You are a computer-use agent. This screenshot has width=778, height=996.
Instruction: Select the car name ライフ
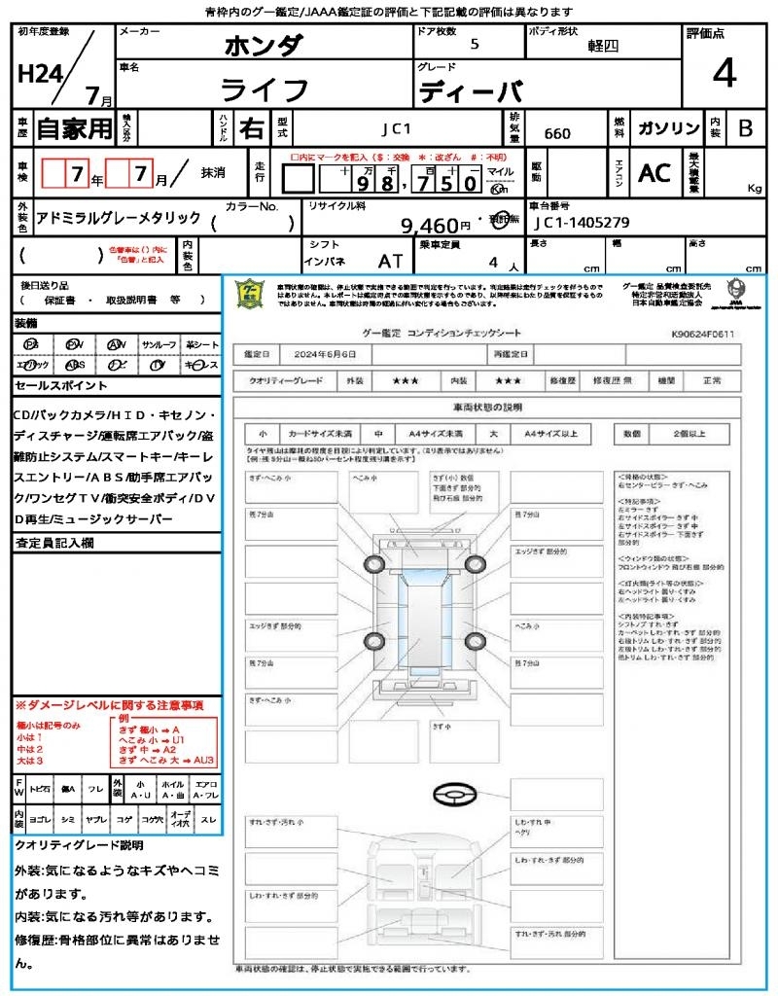(x=265, y=90)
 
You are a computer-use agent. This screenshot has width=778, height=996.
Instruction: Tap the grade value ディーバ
(x=471, y=92)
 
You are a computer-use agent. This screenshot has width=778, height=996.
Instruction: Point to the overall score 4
(x=724, y=74)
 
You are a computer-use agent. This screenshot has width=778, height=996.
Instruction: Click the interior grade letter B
(x=745, y=128)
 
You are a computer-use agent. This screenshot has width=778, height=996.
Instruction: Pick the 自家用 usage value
(x=75, y=128)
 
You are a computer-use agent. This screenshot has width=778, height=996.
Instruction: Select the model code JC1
(x=396, y=128)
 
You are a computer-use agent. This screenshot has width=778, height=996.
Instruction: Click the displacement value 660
(x=557, y=133)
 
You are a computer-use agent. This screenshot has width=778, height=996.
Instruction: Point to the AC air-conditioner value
(x=654, y=173)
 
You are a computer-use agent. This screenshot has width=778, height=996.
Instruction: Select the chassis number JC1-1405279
(x=581, y=223)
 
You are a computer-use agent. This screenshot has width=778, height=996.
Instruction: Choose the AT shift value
(x=390, y=262)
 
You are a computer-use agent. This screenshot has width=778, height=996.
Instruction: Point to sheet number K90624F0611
(x=702, y=334)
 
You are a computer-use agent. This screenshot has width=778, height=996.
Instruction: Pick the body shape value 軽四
(x=603, y=46)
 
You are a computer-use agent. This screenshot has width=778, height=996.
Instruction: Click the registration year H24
(x=38, y=74)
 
